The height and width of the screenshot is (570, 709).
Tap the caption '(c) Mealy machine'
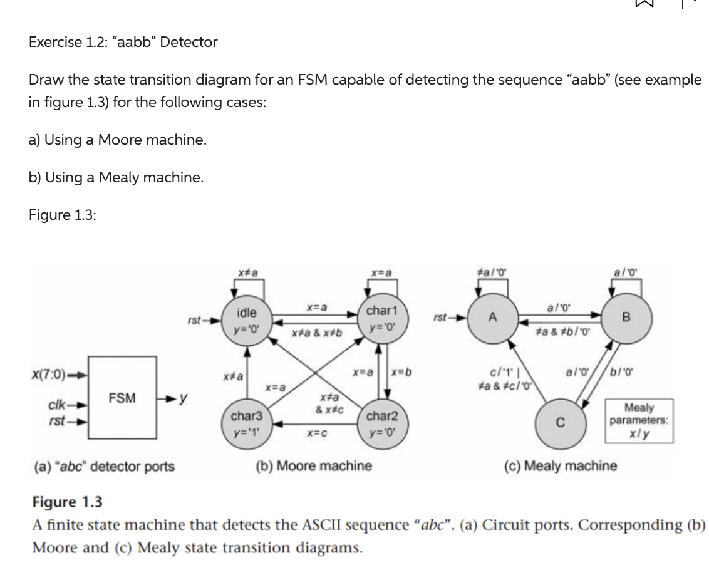[561, 466]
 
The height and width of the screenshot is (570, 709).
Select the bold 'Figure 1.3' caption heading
[67, 502]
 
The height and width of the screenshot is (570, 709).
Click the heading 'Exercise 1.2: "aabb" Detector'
[123, 42]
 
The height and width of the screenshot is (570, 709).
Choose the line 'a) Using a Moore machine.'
[118, 140]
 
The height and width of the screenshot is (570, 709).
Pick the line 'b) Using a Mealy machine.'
[116, 177]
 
